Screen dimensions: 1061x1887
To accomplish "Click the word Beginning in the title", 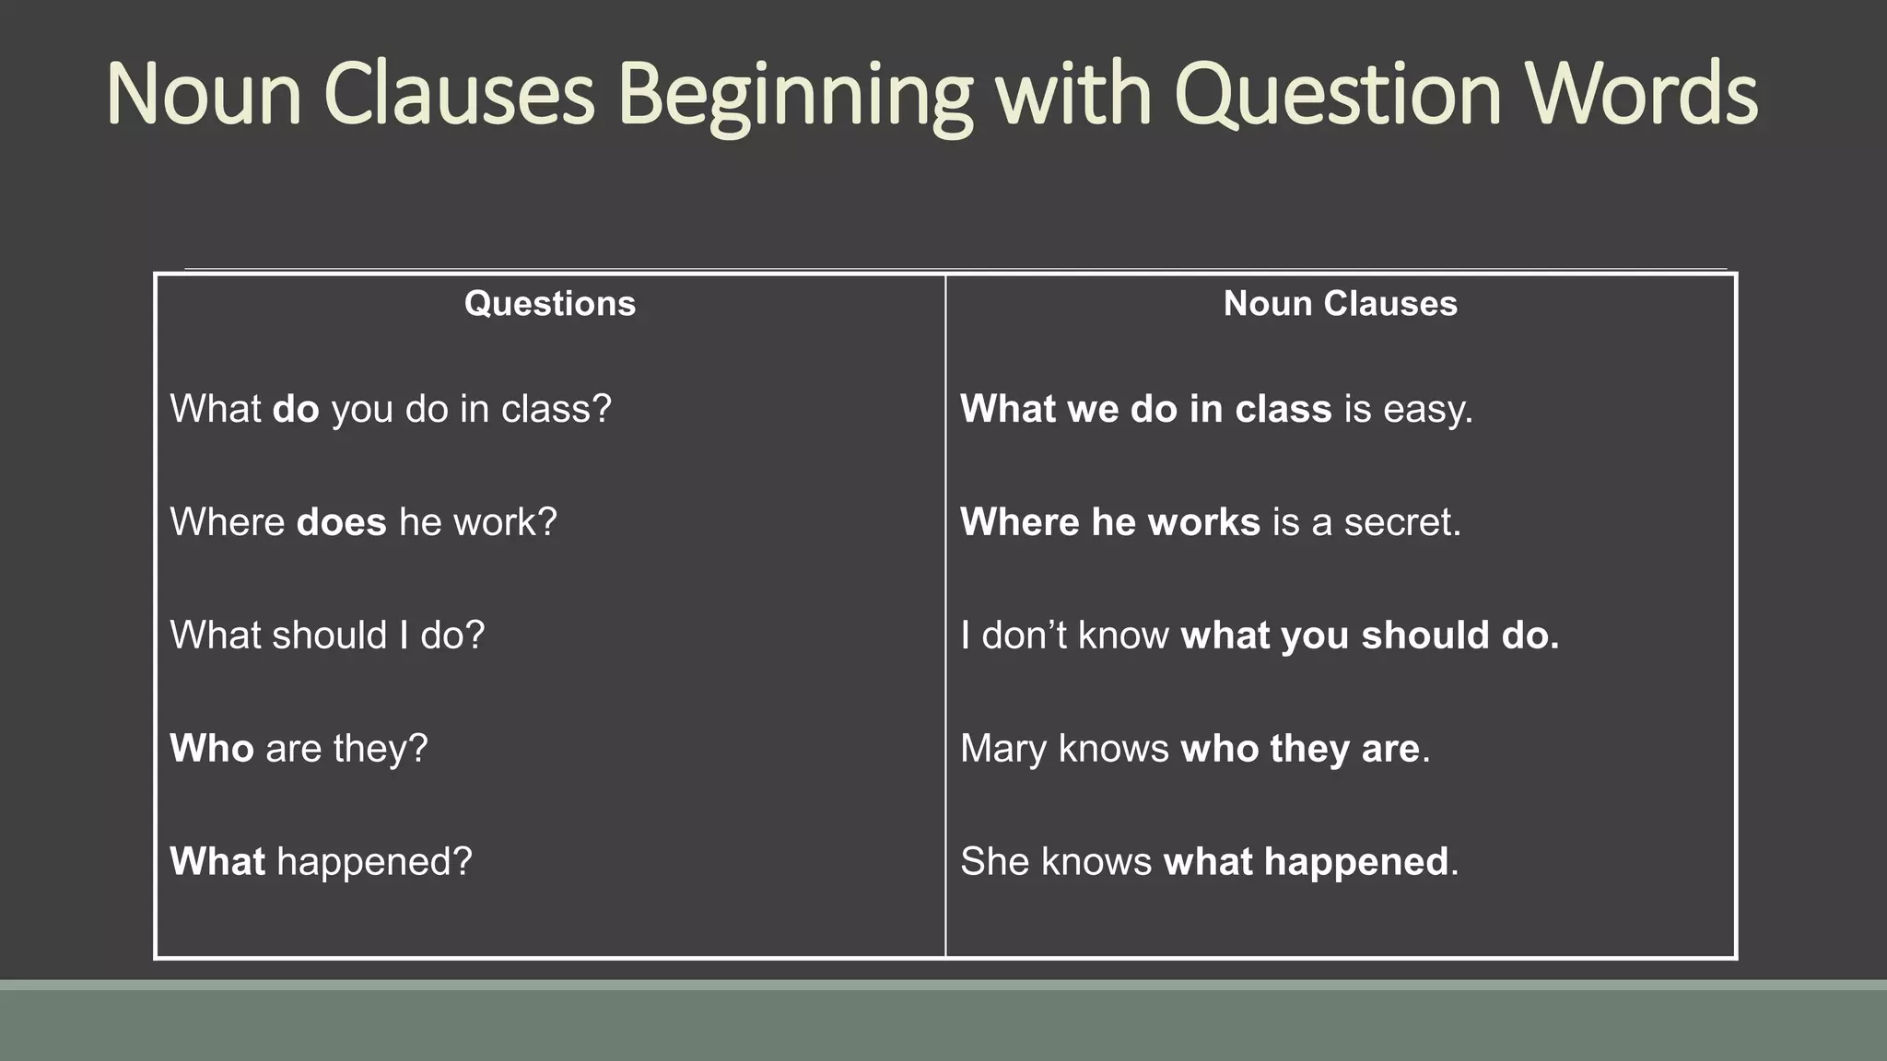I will click(794, 96).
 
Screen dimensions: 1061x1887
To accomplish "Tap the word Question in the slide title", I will click(1338, 96).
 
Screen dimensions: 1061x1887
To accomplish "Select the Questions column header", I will click(550, 304).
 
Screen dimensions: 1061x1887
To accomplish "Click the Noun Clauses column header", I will click(1340, 304).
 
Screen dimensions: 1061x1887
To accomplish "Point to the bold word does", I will click(341, 522).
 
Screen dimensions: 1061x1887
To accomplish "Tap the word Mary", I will click(1002, 749).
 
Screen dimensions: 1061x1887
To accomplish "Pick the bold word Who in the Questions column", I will click(211, 749).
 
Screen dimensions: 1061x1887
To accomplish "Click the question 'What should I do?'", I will click(327, 635).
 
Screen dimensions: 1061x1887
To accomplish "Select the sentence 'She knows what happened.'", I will click(1209, 862).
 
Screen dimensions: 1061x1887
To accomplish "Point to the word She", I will click(994, 862).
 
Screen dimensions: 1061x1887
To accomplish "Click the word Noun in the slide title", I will click(205, 96).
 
